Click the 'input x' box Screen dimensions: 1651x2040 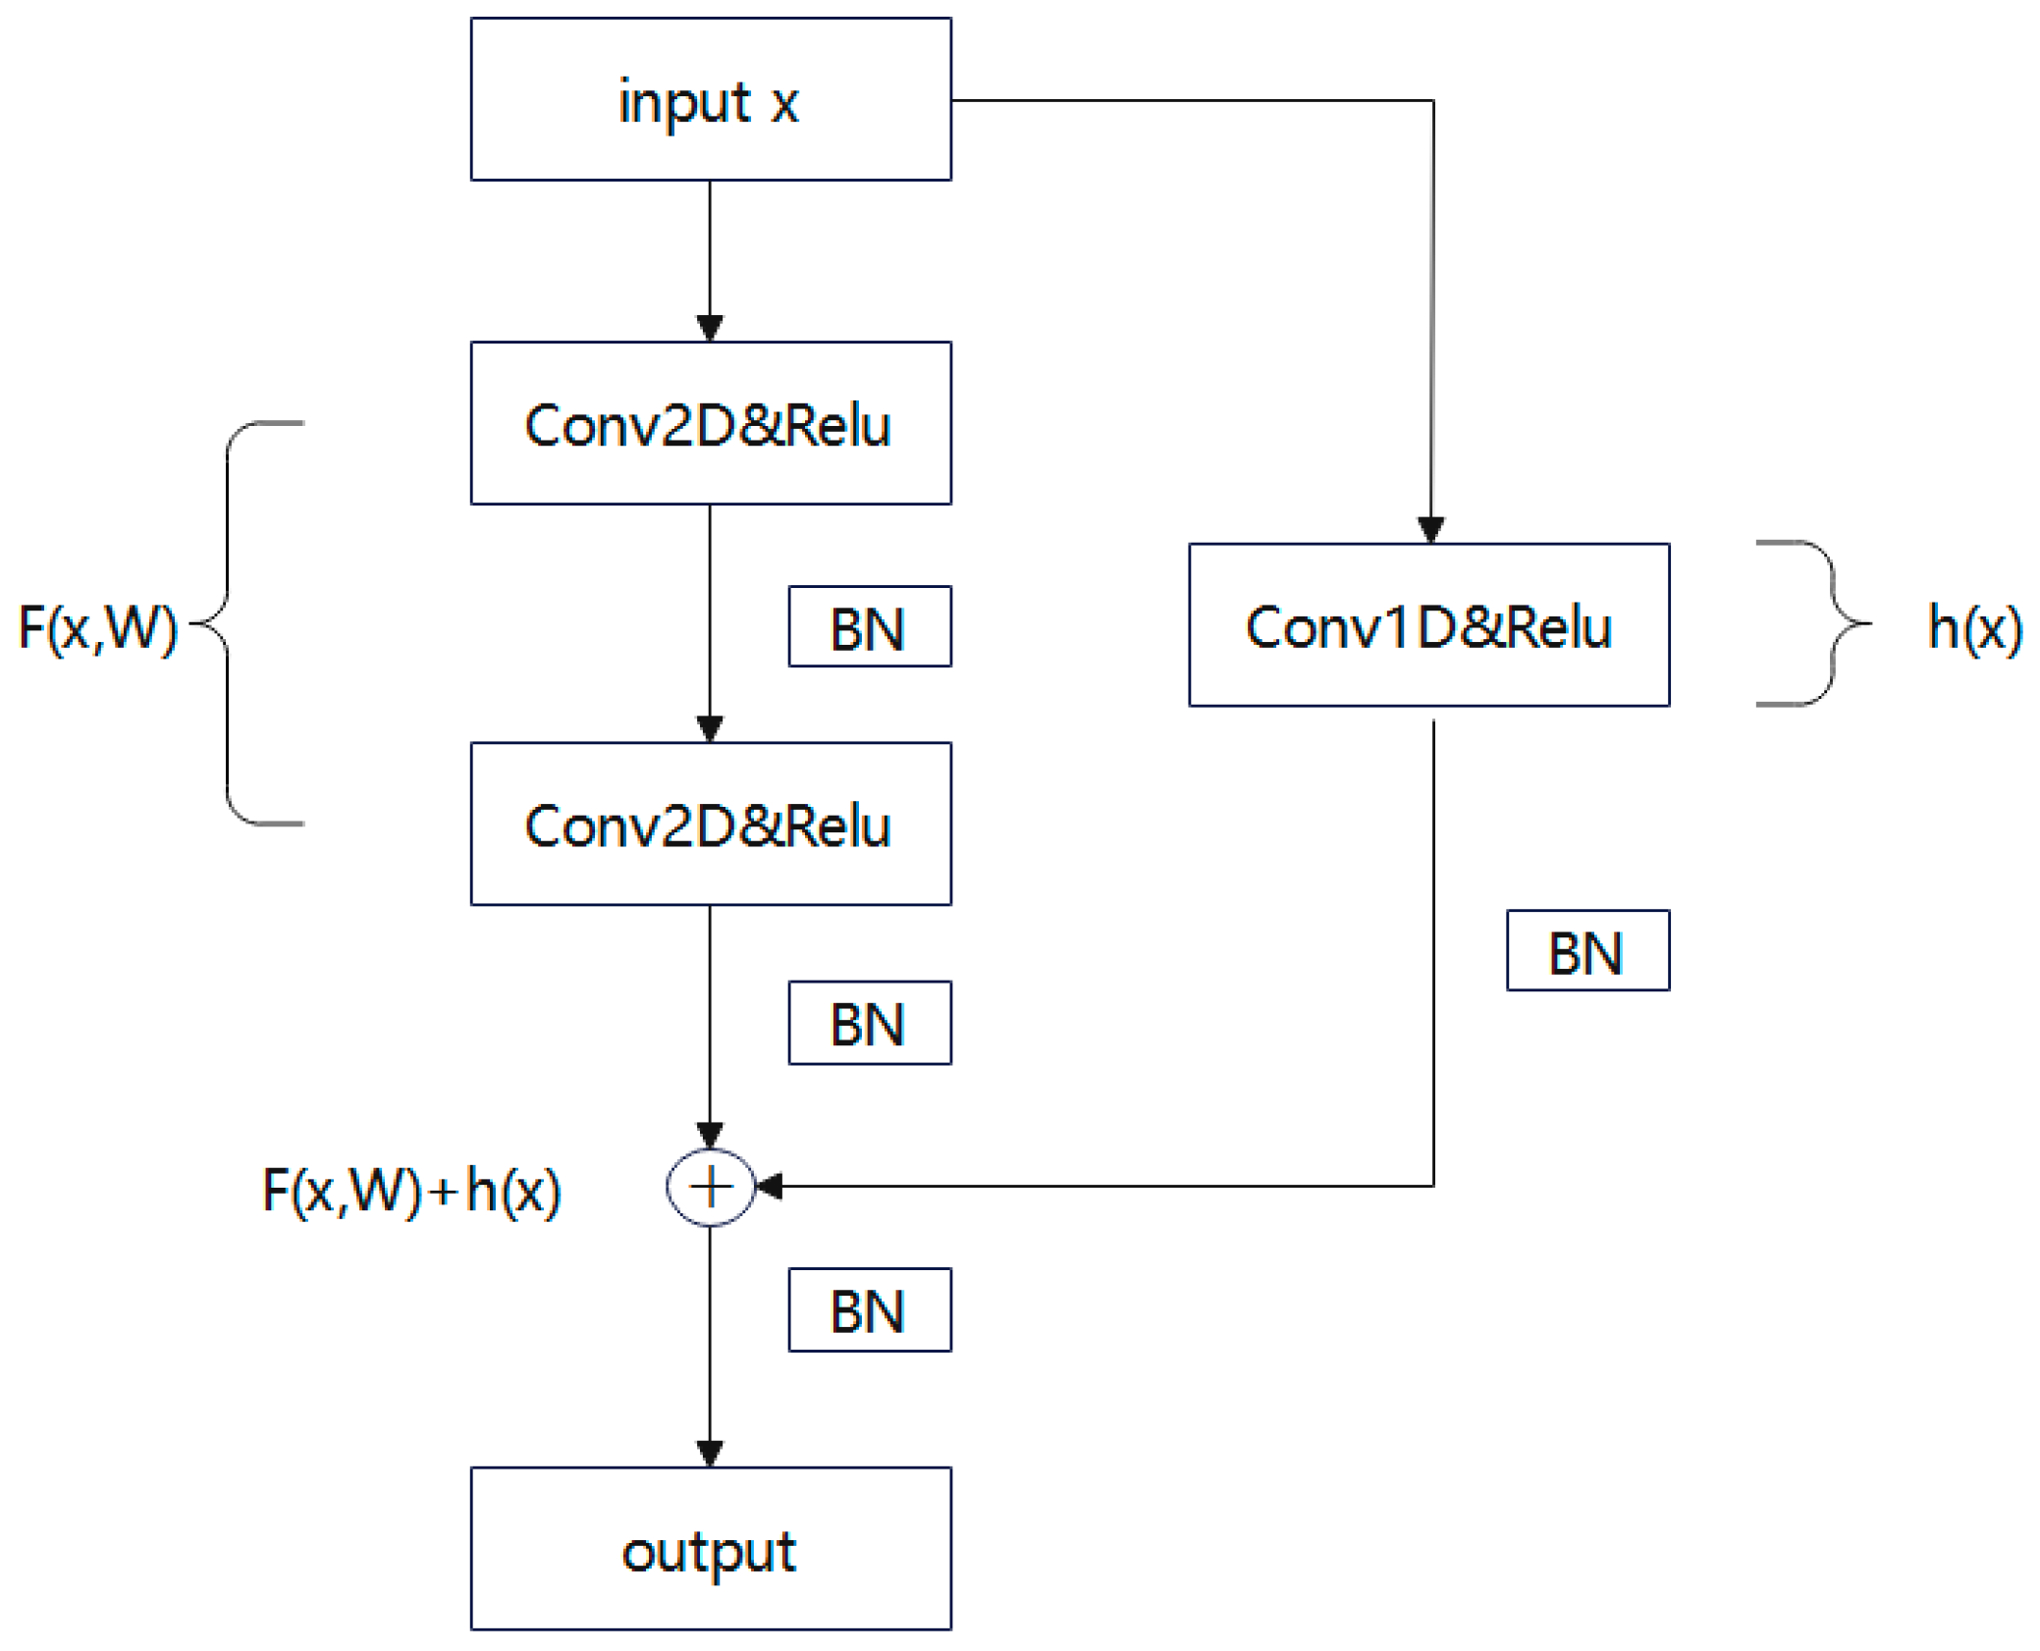(710, 99)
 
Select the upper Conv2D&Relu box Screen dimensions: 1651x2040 (710, 423)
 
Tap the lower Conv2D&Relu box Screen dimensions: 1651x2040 (710, 824)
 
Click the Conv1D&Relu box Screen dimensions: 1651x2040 (1428, 625)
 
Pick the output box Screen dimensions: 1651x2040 (710, 1549)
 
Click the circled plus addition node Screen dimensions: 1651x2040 (710, 1187)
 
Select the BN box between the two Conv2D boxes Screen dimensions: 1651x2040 (869, 626)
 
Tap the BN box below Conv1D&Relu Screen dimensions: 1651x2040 (1587, 950)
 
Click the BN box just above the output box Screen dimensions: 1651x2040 (869, 1309)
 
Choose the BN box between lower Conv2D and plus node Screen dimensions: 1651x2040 (869, 1023)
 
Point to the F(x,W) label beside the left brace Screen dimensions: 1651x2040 (97, 627)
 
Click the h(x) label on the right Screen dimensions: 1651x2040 (1973, 627)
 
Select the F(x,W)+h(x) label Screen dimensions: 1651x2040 (411, 1191)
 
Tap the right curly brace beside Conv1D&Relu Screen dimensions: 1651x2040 (1831, 623)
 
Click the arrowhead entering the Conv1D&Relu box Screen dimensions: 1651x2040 (1430, 530)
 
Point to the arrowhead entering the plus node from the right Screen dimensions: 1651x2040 (769, 1187)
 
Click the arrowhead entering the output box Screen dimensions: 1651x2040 (710, 1453)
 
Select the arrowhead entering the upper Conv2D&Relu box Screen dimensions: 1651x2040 (710, 328)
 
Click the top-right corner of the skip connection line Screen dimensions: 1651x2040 (1432, 100)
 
